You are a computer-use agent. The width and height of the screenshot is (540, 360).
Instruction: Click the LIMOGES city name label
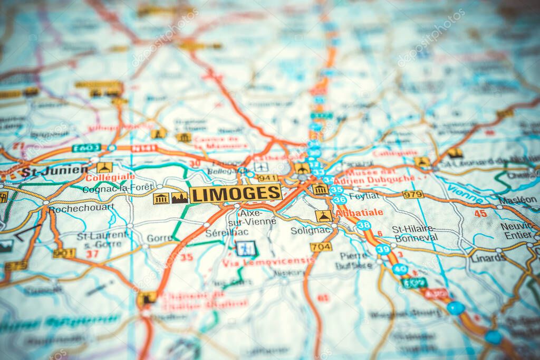click(x=235, y=193)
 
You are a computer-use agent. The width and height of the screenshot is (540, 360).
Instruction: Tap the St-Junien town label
click(x=54, y=171)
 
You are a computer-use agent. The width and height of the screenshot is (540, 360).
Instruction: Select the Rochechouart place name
click(x=81, y=208)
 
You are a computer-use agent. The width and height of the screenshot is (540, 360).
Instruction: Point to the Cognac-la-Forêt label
click(x=118, y=187)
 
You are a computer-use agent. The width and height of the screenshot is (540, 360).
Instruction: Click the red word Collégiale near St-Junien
click(x=110, y=178)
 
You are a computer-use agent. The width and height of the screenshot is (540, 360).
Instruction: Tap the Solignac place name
click(x=311, y=230)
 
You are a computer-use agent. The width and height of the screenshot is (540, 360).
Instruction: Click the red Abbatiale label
click(x=359, y=212)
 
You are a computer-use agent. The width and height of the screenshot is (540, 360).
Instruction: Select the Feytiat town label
click(x=364, y=196)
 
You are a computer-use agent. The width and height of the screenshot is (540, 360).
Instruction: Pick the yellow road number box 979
click(x=412, y=194)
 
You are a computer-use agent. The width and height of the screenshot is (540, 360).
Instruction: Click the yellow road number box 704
click(x=321, y=247)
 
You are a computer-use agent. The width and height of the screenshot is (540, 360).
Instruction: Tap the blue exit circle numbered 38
click(x=363, y=226)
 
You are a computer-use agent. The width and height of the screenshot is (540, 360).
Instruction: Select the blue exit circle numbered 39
click(x=383, y=249)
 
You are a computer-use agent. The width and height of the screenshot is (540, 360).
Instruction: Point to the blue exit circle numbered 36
click(x=339, y=200)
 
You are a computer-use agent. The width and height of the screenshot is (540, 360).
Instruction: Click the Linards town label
click(x=488, y=258)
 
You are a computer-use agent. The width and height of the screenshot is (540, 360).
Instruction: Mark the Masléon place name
click(x=518, y=200)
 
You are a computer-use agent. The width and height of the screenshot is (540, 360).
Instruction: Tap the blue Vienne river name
click(x=465, y=193)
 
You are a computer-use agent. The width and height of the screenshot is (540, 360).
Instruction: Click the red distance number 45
click(x=480, y=213)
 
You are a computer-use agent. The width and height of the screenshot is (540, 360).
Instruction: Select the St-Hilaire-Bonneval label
click(x=416, y=233)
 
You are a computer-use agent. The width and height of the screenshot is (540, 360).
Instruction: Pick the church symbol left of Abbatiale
click(x=323, y=216)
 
